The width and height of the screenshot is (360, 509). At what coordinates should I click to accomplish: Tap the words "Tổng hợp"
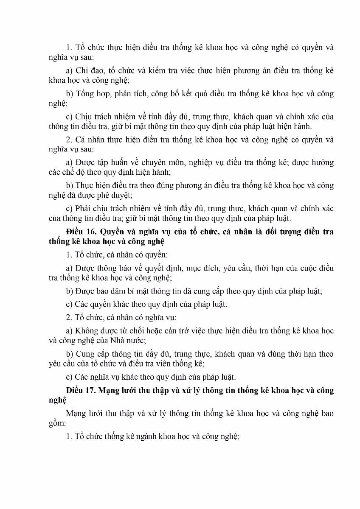pyautogui.click(x=90, y=93)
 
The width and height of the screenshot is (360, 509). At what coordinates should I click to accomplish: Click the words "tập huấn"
pyautogui.click(x=112, y=162)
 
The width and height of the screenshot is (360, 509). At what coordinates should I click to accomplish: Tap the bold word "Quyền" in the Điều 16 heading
pyautogui.click(x=111, y=232)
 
